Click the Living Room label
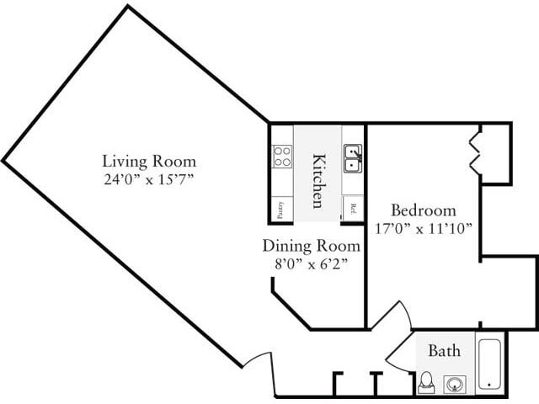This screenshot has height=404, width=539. [149, 161]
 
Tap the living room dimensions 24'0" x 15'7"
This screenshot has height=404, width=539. [149, 178]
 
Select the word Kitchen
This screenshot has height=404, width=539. [318, 179]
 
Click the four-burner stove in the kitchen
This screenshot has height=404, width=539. [282, 156]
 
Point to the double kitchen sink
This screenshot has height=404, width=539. [353, 157]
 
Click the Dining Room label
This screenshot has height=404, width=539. [311, 247]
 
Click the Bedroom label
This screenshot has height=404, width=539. [424, 210]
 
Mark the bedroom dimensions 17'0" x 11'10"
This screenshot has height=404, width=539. [424, 228]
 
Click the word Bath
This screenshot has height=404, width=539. [444, 350]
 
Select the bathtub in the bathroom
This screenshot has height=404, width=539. [490, 363]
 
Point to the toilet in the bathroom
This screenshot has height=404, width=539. [426, 383]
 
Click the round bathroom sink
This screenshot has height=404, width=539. [456, 385]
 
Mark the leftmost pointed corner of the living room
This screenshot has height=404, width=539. [4, 160]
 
